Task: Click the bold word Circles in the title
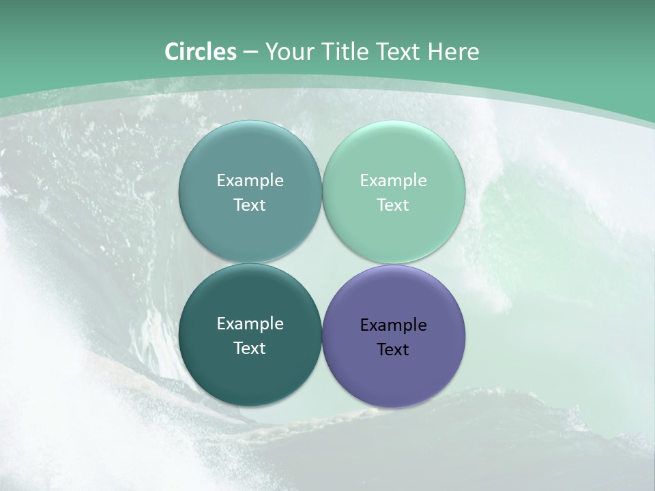click(200, 52)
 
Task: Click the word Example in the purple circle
click(393, 325)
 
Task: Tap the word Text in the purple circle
click(393, 350)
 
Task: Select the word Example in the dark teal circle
click(250, 324)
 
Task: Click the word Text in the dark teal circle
click(250, 348)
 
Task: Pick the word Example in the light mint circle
click(393, 181)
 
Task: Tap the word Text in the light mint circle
click(393, 205)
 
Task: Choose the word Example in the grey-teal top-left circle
click(250, 181)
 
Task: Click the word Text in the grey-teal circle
click(250, 205)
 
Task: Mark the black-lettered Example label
click(393, 325)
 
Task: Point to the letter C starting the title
click(172, 52)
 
